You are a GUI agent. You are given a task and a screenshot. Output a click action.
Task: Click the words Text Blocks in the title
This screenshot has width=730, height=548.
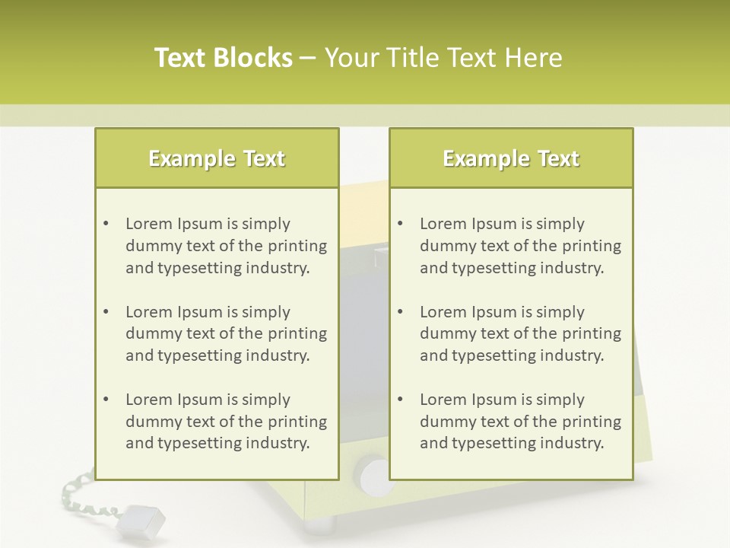click(223, 58)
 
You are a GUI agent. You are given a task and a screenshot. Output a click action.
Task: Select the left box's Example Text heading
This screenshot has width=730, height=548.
click(217, 158)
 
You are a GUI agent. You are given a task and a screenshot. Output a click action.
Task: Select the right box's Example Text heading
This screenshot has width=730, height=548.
click(511, 158)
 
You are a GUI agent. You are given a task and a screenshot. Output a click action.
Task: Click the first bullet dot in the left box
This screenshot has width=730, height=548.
click(106, 224)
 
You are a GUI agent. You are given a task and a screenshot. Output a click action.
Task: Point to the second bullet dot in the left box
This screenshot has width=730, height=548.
click(106, 312)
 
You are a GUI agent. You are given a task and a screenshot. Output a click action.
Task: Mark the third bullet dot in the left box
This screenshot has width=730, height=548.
click(106, 400)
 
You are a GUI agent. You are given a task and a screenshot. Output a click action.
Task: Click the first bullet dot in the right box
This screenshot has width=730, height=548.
click(400, 224)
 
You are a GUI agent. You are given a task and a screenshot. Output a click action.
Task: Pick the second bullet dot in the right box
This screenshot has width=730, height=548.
click(400, 312)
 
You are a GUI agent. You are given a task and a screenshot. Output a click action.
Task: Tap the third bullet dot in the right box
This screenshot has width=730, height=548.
click(400, 400)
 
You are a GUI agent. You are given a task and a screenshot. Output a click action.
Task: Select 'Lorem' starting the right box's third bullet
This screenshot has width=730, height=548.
click(443, 400)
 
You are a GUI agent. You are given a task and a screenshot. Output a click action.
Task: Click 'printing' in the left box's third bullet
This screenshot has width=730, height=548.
click(298, 422)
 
